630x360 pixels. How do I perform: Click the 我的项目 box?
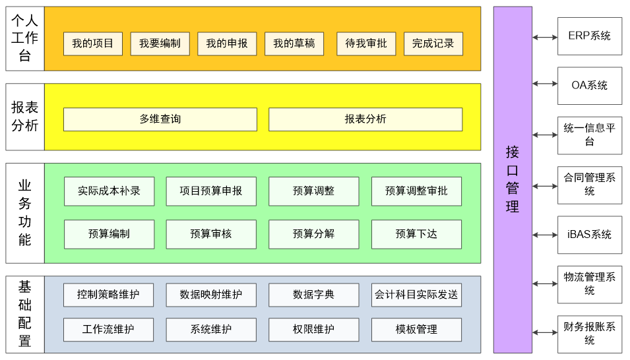pos(93,44)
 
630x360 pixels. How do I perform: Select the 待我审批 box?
pos(366,44)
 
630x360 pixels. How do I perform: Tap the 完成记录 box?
pos(433,44)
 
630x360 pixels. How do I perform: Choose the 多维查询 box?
pos(160,119)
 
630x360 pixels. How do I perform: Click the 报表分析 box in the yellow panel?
pos(365,119)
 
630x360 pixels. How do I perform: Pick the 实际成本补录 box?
pos(110,191)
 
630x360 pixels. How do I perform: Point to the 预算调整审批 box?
pos(417,191)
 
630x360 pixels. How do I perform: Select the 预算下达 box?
pos(417,234)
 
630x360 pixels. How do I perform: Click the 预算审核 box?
pos(211,234)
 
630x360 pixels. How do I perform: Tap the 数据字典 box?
pos(314,295)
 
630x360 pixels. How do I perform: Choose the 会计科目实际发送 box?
pos(417,295)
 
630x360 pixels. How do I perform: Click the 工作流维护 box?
pos(108,330)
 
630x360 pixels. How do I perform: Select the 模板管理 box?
pos(417,330)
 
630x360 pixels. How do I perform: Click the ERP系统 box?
pos(590,36)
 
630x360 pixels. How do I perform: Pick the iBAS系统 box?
pos(590,235)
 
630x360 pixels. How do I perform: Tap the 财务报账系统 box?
pos(590,334)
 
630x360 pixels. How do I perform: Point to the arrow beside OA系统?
pos(545,84)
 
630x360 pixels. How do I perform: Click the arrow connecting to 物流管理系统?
pos(545,284)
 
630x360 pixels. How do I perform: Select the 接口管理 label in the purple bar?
pos(513,179)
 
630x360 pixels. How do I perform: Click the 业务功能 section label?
pos(25,213)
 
